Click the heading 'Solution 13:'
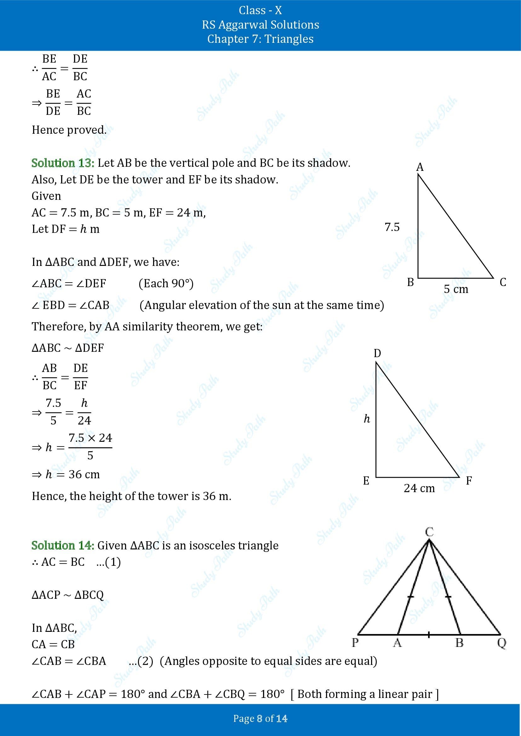coord(63,163)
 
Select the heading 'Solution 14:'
coord(63,545)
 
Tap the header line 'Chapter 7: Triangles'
coord(260,39)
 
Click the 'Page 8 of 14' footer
coord(260,718)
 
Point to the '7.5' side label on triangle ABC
coord(392,227)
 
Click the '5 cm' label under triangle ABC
coord(456,289)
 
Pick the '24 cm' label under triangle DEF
coord(419,488)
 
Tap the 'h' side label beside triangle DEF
coord(367,418)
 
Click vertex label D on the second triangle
coord(377,353)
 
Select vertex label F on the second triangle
coord(469,480)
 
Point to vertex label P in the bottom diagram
coord(355,643)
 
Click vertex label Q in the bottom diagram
coord(501,643)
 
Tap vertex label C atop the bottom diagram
coord(429,532)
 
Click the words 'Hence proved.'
coord(69,130)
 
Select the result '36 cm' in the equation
coord(84,474)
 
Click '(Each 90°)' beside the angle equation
coord(166,284)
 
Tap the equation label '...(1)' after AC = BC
coord(108,562)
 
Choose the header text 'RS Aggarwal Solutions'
coord(260,25)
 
